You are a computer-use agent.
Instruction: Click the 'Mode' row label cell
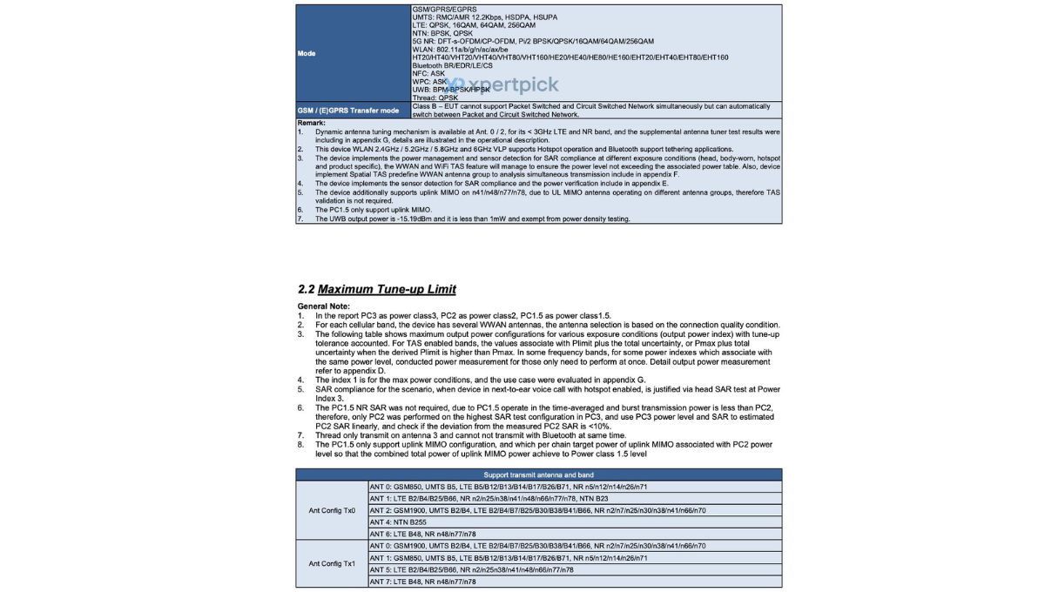[x=307, y=53]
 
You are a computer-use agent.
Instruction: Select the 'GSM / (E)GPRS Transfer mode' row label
[x=348, y=111]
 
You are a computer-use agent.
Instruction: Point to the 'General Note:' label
[x=324, y=306]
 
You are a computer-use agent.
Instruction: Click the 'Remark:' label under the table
[x=311, y=123]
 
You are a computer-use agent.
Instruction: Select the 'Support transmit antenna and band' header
[x=538, y=474]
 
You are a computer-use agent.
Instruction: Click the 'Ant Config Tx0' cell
[x=332, y=510]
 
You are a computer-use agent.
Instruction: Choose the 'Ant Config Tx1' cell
[x=332, y=563]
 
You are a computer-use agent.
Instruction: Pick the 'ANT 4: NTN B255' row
[x=400, y=522]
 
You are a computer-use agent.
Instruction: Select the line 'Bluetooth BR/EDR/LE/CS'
[x=452, y=65]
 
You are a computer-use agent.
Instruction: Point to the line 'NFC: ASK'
[x=428, y=73]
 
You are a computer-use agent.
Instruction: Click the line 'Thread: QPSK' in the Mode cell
[x=435, y=98]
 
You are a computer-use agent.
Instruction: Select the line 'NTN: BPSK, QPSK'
[x=442, y=33]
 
